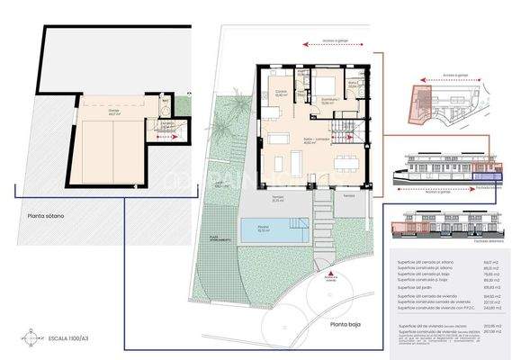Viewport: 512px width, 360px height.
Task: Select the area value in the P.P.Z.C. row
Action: pos(491,309)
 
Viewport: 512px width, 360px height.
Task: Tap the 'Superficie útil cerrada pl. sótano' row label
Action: pos(425,263)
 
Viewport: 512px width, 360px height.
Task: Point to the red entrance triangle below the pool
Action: pos(331,273)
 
